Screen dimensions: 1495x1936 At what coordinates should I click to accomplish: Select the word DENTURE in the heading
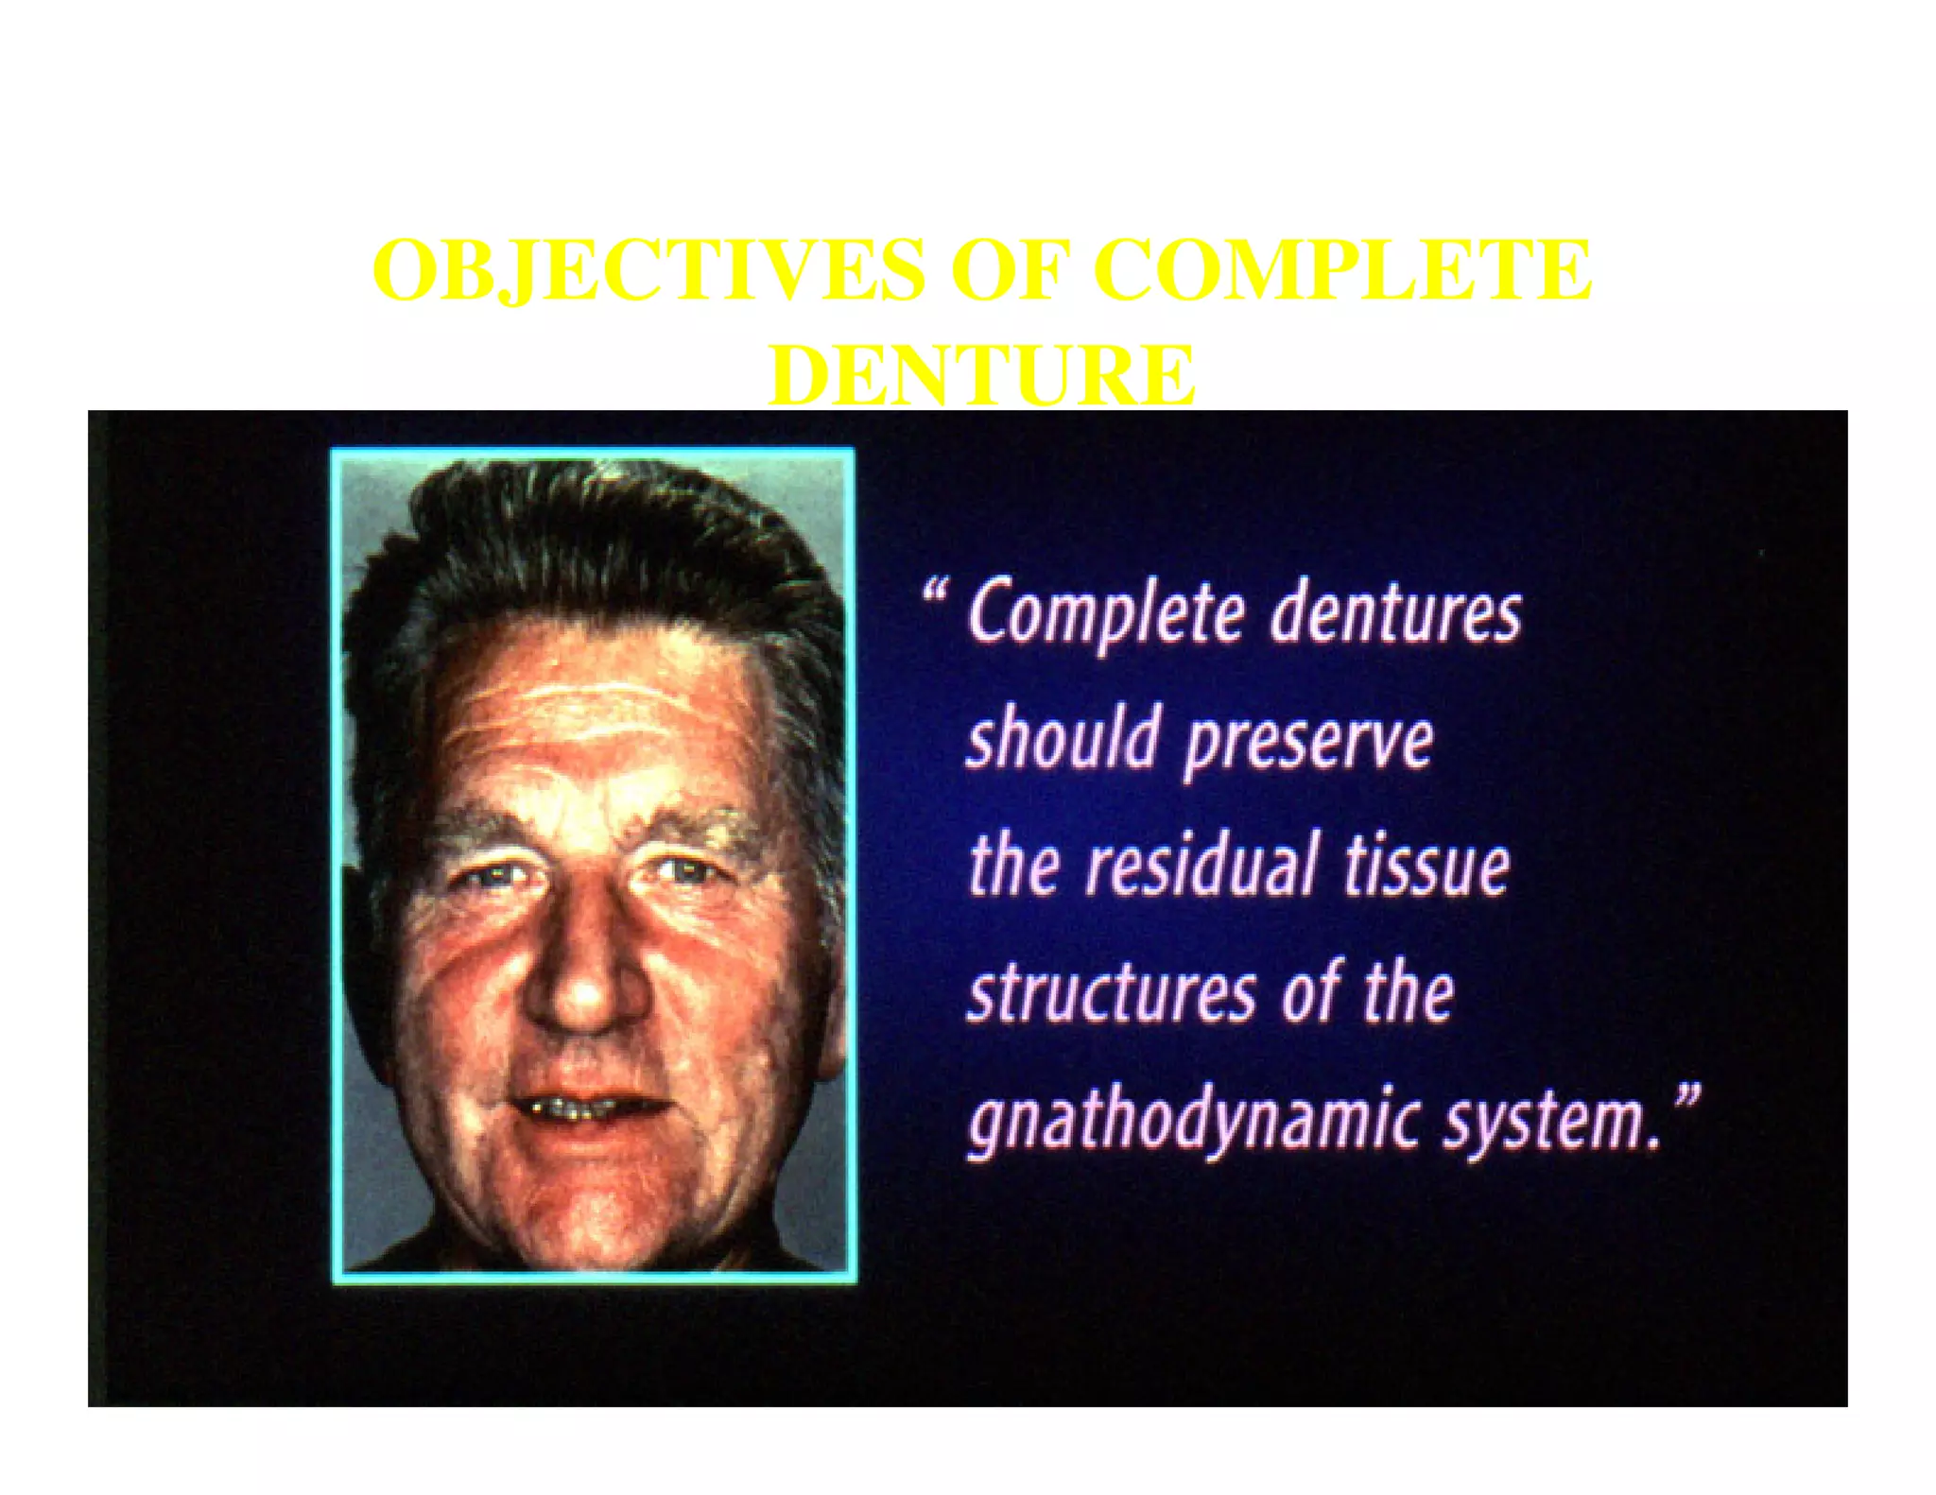[x=981, y=375]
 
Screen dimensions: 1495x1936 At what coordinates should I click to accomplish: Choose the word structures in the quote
[x=1112, y=994]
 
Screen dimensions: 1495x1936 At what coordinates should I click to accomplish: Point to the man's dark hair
[x=596, y=539]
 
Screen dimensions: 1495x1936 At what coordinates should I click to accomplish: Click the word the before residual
[x=1012, y=866]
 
